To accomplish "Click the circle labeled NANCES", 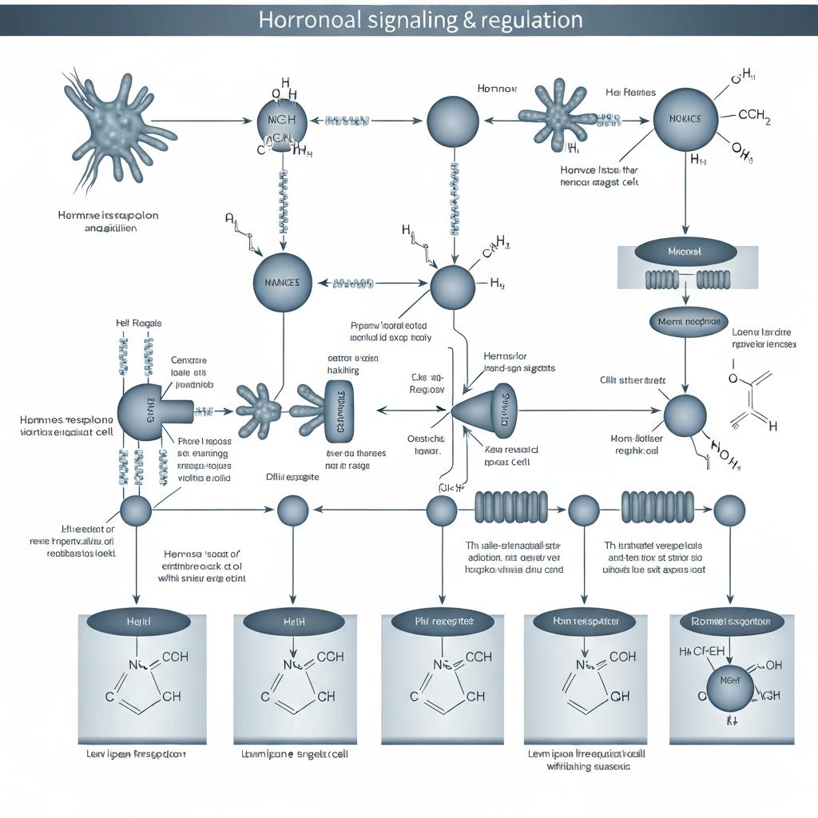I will [x=282, y=283].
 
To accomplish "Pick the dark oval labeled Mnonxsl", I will [x=685, y=252].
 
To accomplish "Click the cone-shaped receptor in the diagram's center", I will [x=484, y=410].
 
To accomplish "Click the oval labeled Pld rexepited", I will [x=444, y=621].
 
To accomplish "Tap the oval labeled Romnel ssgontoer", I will [x=729, y=621].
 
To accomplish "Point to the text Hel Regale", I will [x=138, y=323].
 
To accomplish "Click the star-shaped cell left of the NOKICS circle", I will [x=558, y=120].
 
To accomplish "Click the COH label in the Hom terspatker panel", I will [x=622, y=657].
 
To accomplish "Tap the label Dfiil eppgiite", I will [x=292, y=477].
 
